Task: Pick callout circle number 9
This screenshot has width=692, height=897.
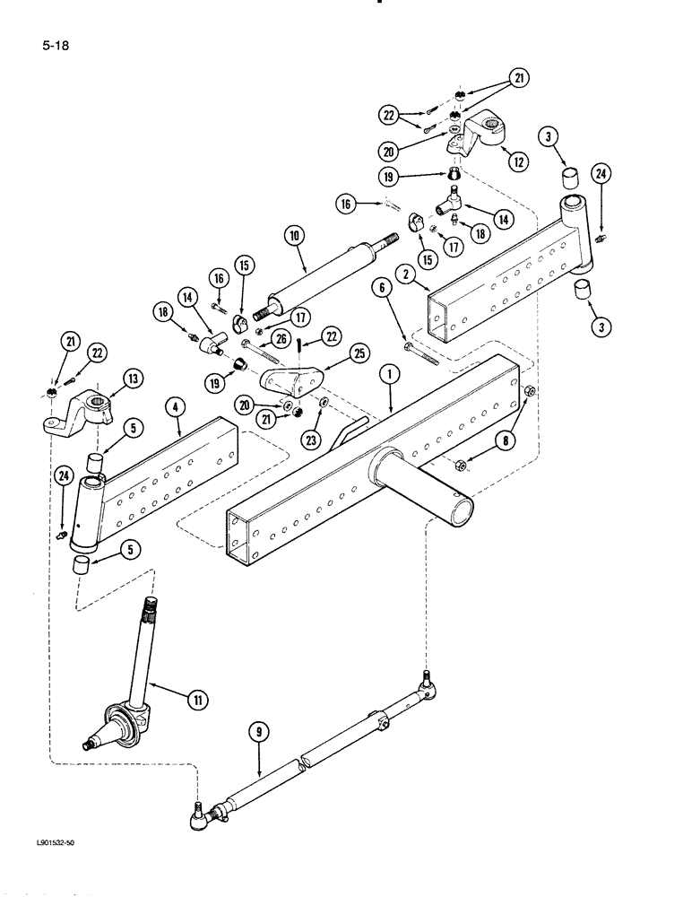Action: coord(259,733)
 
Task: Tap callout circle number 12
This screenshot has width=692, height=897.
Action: coord(517,161)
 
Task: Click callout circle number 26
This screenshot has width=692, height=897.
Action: coord(282,338)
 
